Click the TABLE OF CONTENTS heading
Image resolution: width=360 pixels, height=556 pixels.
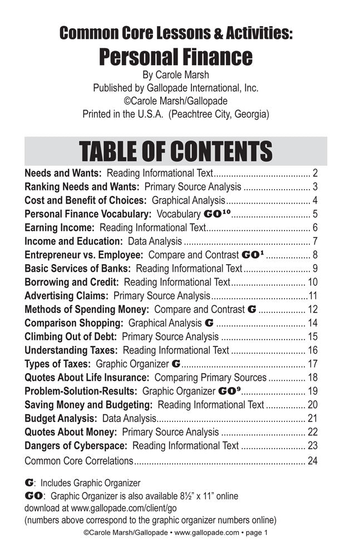coord(176,151)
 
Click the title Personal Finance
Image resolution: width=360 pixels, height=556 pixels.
coord(176,57)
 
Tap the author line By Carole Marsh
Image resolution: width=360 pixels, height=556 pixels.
coord(176,75)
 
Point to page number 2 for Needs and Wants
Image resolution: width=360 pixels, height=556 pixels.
coord(314,173)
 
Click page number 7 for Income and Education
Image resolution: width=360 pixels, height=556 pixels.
coord(314,241)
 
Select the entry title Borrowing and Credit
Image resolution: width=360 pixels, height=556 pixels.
coord(72,282)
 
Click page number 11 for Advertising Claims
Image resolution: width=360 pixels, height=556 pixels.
coord(313,296)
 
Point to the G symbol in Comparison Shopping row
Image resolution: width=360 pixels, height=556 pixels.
coord(209,322)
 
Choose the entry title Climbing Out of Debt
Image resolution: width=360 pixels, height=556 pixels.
coord(71,336)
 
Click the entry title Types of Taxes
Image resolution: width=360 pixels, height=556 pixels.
coord(58,364)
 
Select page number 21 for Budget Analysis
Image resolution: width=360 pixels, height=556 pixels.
coord(312,418)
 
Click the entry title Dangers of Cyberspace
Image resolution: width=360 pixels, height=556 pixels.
coord(76,445)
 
